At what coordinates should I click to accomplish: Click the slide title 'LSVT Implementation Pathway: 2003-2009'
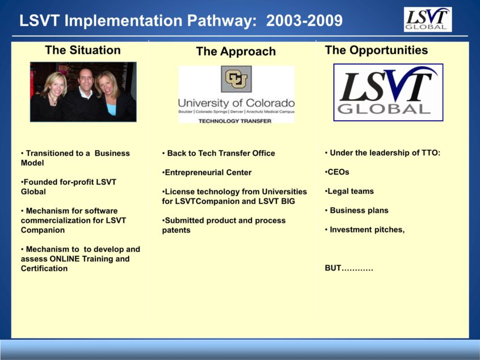tap(180, 21)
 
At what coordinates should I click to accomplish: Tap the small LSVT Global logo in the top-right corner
tap(427, 19)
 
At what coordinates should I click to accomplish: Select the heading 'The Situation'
tap(83, 50)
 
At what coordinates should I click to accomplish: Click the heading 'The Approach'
tap(235, 52)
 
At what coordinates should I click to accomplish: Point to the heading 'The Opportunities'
tap(376, 50)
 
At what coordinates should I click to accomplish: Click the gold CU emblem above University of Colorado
tap(236, 79)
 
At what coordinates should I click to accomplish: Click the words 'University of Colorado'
tap(236, 103)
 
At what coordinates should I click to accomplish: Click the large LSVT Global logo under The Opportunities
tap(388, 92)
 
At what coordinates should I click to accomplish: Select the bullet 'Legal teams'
tap(350, 191)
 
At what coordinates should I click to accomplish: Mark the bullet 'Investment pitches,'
tap(365, 230)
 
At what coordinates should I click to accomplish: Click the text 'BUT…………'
tap(349, 268)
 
